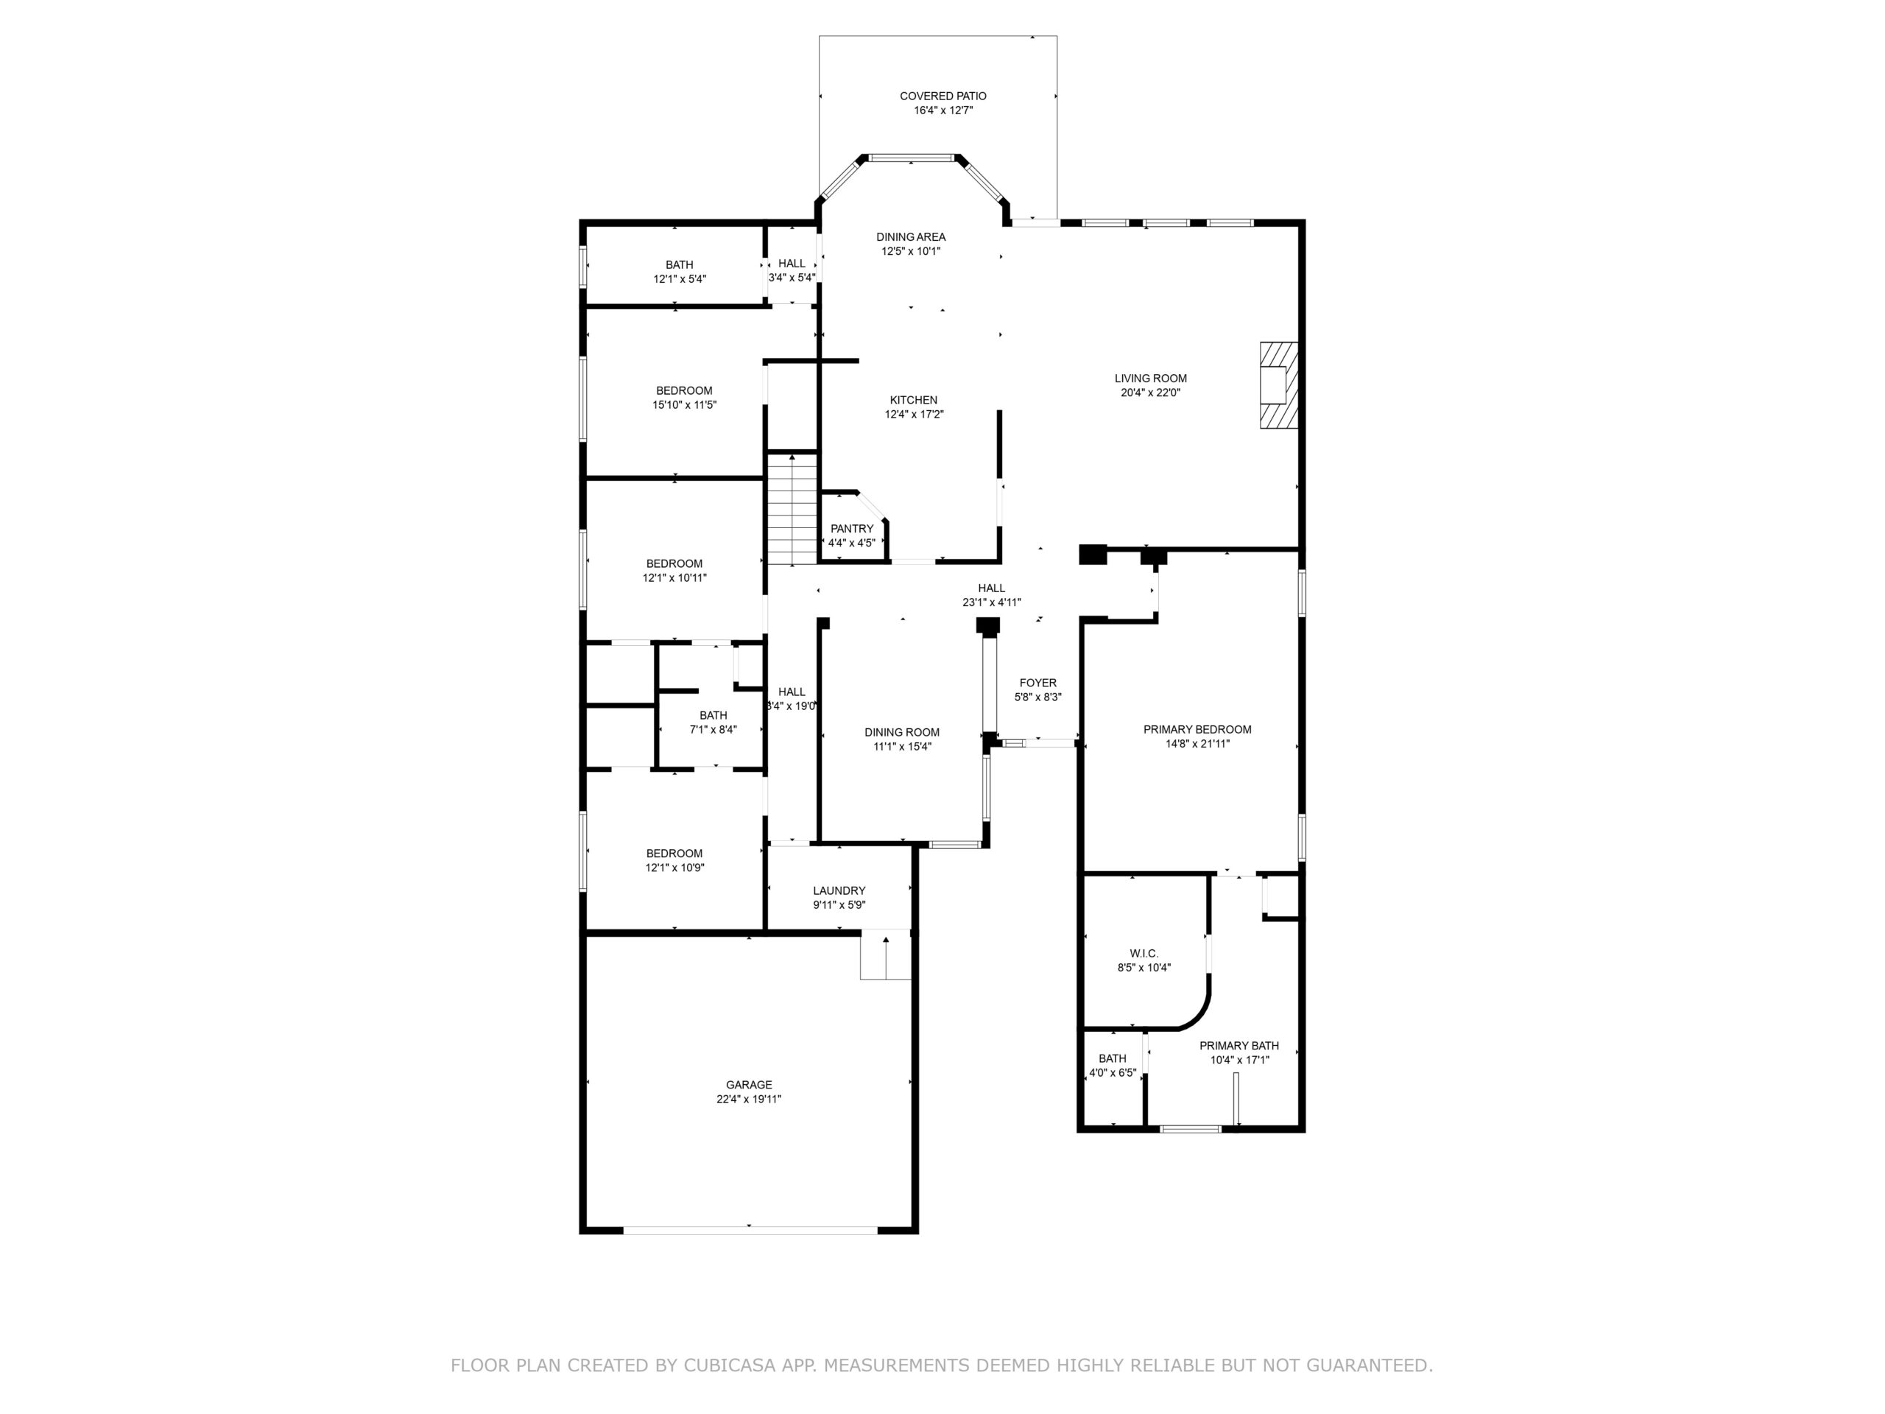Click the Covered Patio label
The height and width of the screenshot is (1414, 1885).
tap(942, 96)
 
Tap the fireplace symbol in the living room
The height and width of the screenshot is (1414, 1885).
tap(1279, 384)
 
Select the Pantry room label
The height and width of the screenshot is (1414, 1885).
tap(851, 529)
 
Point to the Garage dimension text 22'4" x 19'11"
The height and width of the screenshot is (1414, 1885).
tap(748, 1100)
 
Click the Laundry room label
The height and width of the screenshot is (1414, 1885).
tap(839, 890)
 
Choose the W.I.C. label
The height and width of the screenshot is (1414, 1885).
tap(1144, 954)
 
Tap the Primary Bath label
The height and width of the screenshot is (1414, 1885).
tap(1239, 1046)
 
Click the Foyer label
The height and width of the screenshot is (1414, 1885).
tap(1038, 683)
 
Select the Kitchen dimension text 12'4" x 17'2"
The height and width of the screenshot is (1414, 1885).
tap(914, 414)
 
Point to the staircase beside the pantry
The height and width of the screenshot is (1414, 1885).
tap(792, 510)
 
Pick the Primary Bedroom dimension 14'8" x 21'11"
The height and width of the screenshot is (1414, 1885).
tap(1197, 744)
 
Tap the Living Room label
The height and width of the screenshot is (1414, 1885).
tap(1150, 379)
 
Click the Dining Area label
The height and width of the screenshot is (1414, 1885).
tap(911, 237)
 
